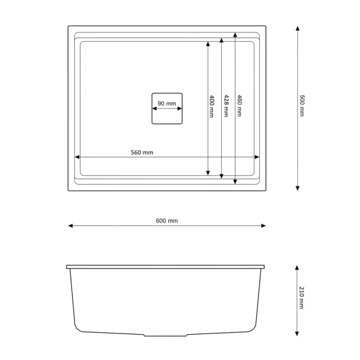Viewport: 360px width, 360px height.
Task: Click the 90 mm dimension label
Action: pos(167,104)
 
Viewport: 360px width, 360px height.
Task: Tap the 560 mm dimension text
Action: pos(142,153)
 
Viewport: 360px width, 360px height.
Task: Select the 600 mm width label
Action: pos(167,221)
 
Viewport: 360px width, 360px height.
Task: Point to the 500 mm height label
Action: pos(302,106)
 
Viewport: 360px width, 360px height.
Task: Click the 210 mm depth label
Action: pos(301,298)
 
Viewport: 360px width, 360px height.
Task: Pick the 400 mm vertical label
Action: pos(212,107)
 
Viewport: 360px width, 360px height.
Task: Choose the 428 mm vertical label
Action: pos(226,106)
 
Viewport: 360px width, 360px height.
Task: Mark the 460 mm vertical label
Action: pos(240,106)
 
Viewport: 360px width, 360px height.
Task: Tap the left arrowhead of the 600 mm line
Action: pos(71,226)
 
